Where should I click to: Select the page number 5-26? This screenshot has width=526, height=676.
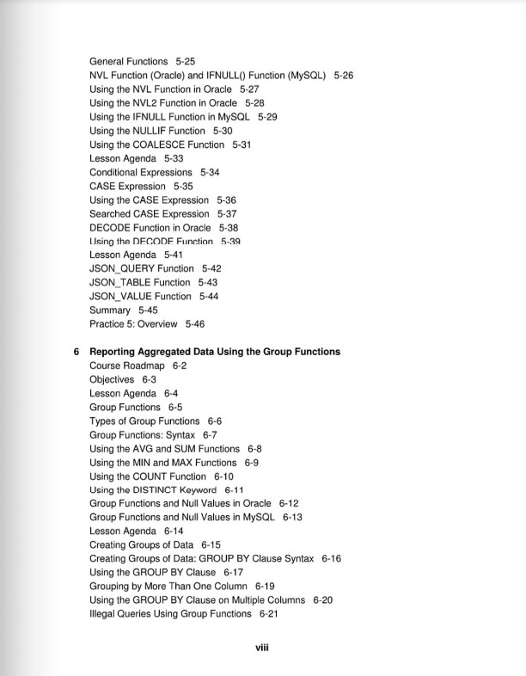[344, 76]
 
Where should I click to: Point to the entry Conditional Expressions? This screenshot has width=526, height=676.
[141, 172]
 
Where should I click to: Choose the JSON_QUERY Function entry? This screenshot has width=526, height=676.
[142, 268]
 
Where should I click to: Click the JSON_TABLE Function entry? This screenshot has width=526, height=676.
[140, 282]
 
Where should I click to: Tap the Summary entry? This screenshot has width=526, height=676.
[110, 310]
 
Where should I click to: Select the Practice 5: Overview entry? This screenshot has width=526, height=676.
[133, 324]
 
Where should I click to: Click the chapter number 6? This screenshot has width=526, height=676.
[76, 352]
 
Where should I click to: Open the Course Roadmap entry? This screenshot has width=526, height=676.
[126, 366]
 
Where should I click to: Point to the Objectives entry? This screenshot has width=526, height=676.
[112, 379]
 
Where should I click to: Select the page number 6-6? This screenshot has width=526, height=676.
[215, 421]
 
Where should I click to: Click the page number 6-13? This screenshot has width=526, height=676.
[292, 517]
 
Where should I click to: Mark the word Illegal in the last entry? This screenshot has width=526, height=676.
[105, 614]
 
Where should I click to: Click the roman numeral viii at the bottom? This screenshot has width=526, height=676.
[263, 648]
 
